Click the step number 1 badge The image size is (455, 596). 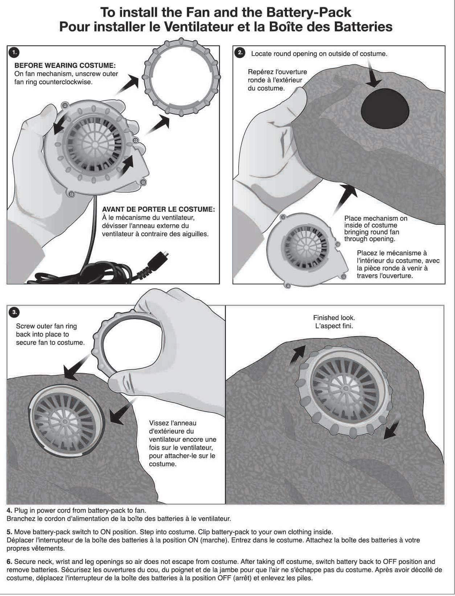(x=14, y=53)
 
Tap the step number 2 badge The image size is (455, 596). (x=240, y=53)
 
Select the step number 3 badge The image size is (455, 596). (x=14, y=312)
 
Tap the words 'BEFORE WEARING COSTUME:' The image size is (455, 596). (x=65, y=66)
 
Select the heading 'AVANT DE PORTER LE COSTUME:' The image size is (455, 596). (x=158, y=210)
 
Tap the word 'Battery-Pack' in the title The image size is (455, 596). (x=309, y=13)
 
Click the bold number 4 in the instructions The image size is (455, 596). (x=9, y=511)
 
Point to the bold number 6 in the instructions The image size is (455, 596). (x=9, y=561)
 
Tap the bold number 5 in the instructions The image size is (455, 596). (x=9, y=532)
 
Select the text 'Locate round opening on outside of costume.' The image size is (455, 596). (x=319, y=54)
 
